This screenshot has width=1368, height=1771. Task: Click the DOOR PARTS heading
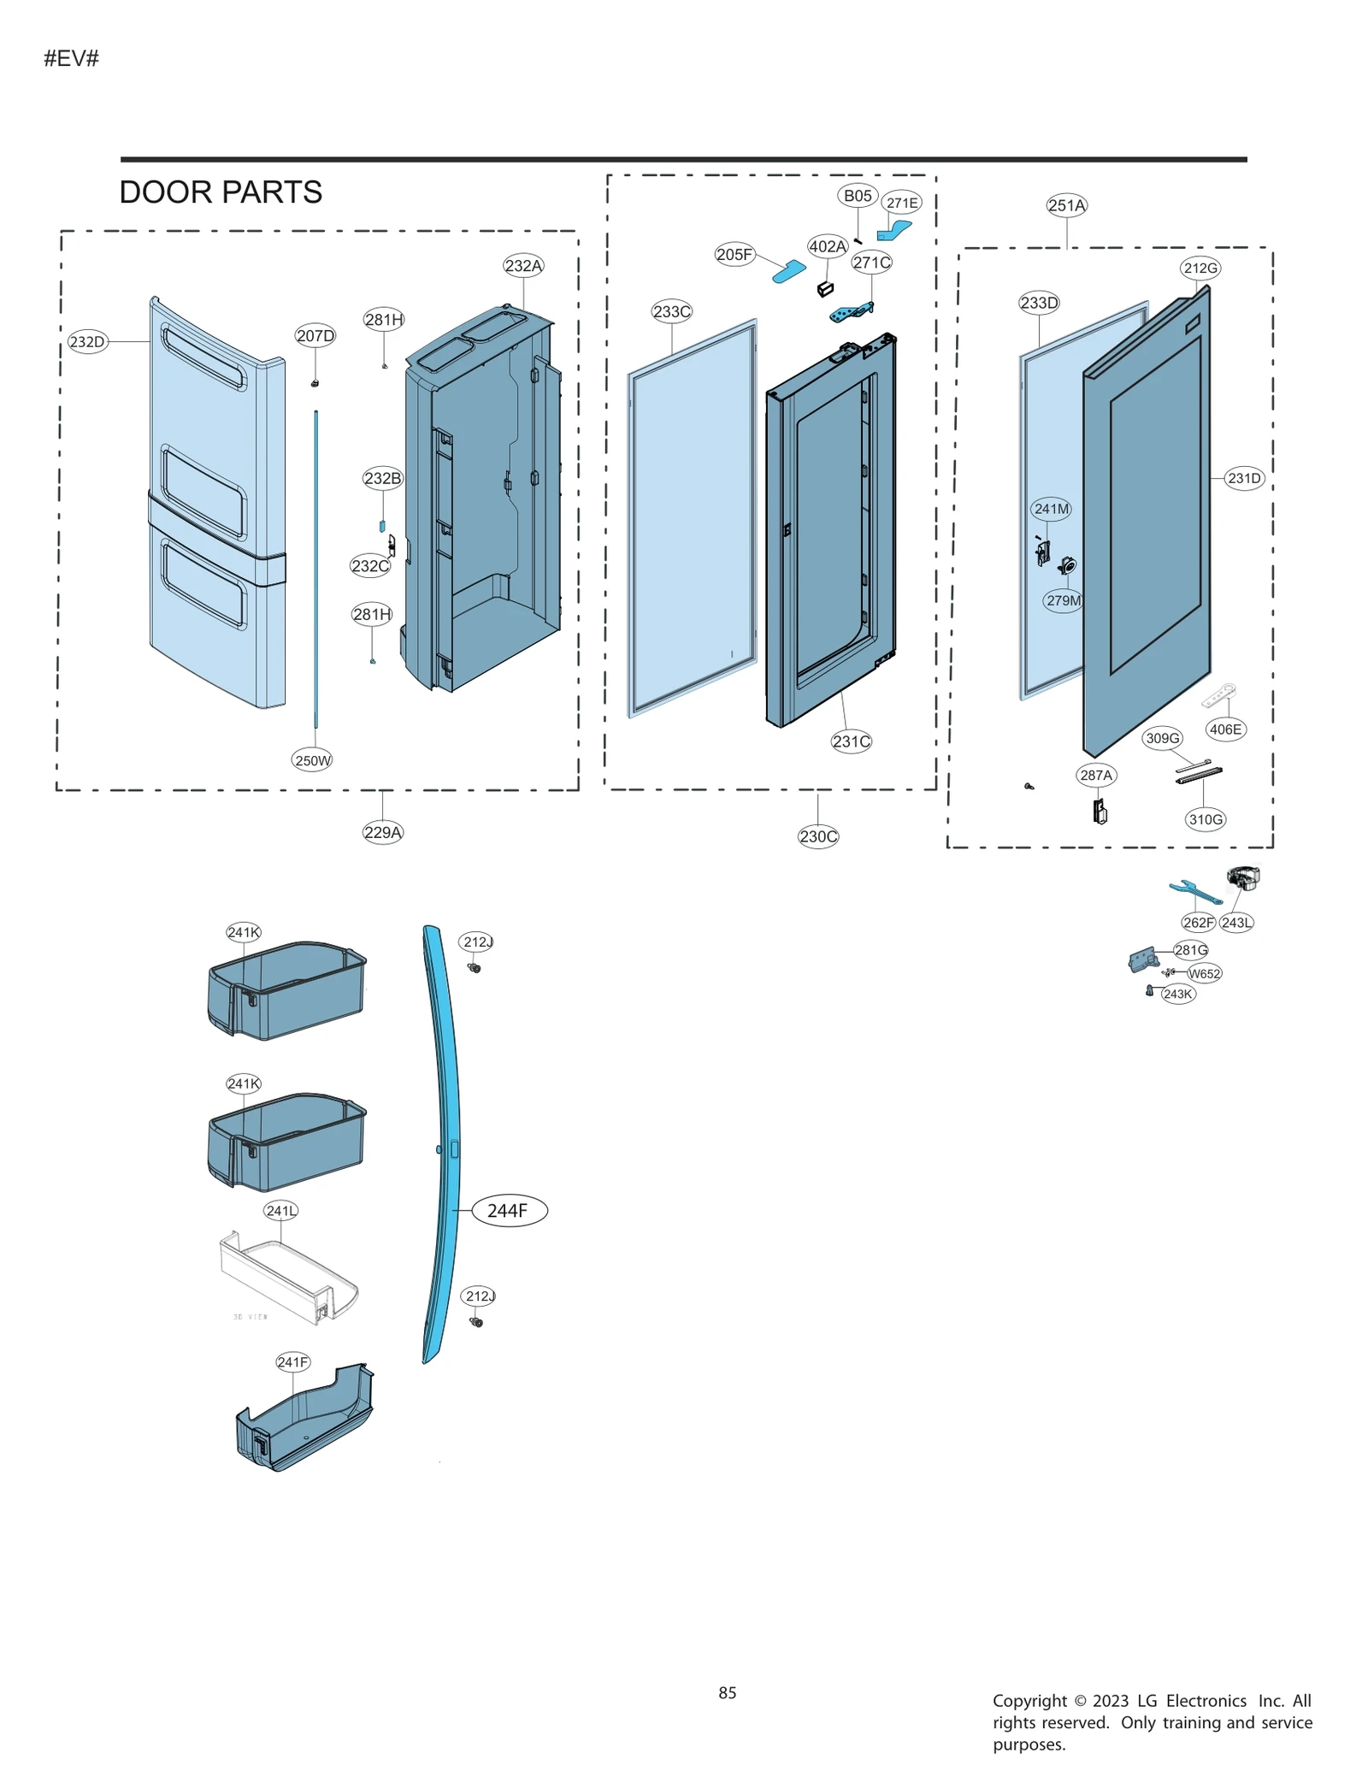221,192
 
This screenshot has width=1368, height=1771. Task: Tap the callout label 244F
509,1210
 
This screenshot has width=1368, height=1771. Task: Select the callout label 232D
87,342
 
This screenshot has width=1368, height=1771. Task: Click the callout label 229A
382,832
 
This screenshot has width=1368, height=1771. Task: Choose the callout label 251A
1066,205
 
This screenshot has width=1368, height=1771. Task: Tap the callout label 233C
671,311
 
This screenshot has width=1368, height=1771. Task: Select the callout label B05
857,196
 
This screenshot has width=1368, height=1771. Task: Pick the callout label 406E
1225,729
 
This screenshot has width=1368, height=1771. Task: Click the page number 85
727,1692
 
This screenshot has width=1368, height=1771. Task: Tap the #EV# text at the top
72,58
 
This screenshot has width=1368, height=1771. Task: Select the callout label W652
1204,973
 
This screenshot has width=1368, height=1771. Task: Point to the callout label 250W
312,760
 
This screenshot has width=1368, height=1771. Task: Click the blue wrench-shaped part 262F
1195,893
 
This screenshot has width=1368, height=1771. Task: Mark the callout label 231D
1244,478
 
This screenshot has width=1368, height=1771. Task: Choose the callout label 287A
1096,775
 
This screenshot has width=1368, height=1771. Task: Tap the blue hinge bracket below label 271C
851,314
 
